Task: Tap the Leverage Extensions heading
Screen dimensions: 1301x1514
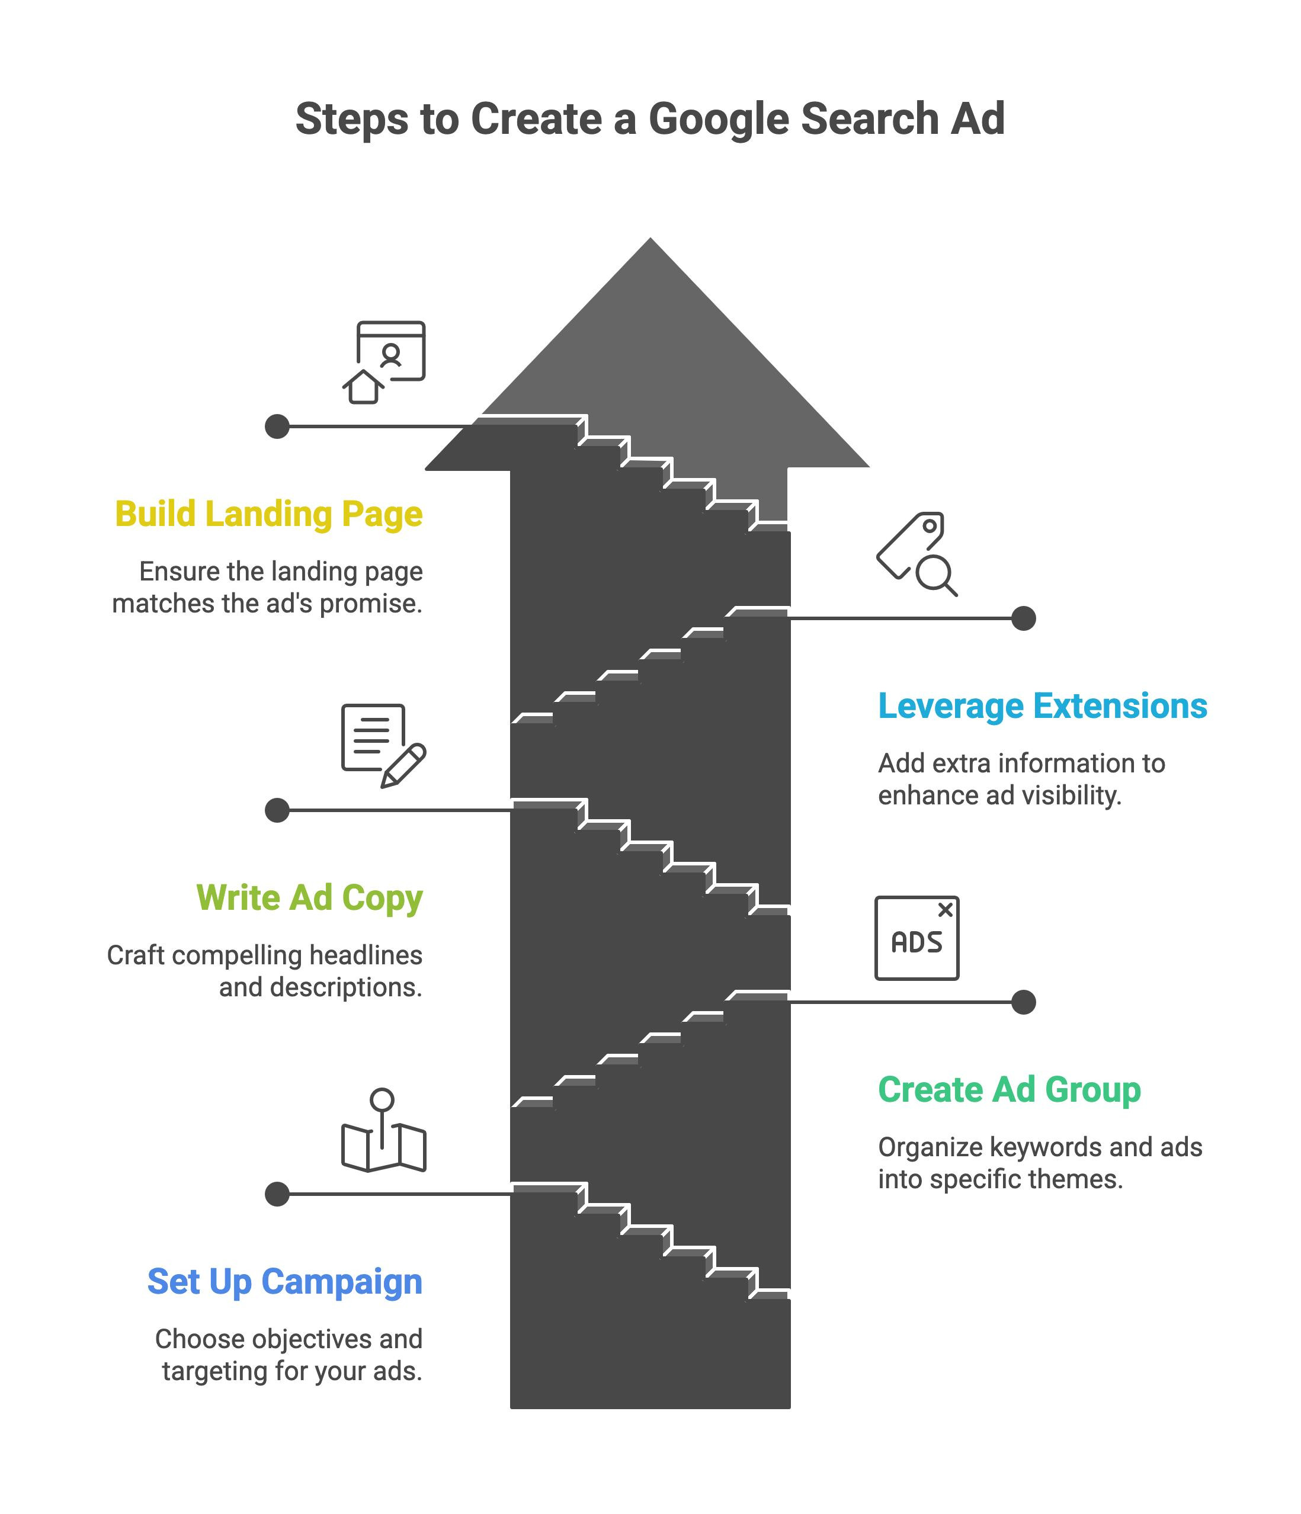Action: tap(1042, 707)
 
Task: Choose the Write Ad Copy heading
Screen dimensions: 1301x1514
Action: tap(310, 899)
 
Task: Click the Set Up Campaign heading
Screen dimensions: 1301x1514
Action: tap(285, 1282)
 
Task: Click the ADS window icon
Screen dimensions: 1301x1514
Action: tap(917, 938)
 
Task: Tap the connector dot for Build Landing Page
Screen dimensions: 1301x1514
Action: tap(277, 426)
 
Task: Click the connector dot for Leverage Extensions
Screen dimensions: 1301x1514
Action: tap(1023, 618)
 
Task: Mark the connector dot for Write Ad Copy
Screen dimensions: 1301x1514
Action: tap(277, 810)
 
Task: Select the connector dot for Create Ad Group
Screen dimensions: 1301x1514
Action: tap(1023, 1002)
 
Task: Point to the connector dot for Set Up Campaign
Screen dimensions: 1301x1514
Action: tap(277, 1194)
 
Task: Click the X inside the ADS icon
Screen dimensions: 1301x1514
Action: tap(945, 910)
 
